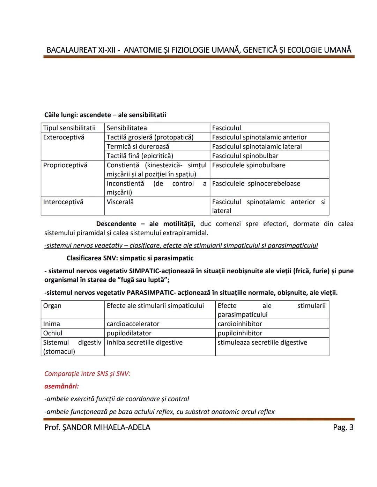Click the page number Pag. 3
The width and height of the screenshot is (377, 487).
(x=343, y=427)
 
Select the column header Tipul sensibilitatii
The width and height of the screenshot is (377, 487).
(x=69, y=128)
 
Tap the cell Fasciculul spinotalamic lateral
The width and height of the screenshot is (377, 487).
(x=257, y=146)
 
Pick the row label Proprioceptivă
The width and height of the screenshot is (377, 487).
(x=65, y=165)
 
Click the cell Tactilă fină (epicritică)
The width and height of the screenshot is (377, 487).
(x=140, y=156)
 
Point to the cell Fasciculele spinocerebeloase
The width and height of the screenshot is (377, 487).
(x=256, y=184)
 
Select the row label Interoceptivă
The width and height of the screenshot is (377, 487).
(x=63, y=202)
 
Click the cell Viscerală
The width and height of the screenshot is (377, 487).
(x=120, y=202)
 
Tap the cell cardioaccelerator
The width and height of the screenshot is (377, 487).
(x=133, y=324)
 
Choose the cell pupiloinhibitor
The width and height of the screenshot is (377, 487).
(x=240, y=333)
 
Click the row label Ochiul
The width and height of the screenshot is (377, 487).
(x=53, y=333)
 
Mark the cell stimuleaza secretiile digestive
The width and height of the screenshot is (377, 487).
(x=262, y=342)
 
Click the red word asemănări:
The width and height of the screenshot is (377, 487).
(x=61, y=386)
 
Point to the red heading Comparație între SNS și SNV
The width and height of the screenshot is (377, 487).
(x=87, y=374)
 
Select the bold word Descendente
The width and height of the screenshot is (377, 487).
(x=116, y=224)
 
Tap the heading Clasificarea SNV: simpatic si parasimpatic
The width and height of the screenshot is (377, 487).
(x=130, y=258)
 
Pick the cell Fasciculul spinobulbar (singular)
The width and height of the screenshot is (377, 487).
(x=245, y=156)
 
